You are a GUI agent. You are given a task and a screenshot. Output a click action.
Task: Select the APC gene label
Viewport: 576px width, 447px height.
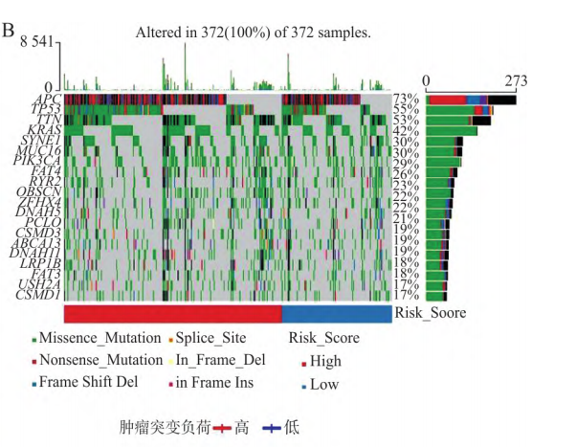coord(48,99)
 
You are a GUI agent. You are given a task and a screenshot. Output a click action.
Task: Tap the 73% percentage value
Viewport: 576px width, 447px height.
coord(407,99)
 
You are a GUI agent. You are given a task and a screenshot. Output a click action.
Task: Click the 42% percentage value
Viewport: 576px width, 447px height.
coord(407,130)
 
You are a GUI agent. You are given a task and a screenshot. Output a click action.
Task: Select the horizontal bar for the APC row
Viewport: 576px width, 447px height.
coord(471,99)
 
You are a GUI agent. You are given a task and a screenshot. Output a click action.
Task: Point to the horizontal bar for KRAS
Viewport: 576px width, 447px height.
coord(452,130)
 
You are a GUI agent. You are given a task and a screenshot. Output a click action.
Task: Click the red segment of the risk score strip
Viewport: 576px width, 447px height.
coord(173,313)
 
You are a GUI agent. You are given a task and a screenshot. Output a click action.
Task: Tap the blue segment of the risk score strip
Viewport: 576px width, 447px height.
coord(336,313)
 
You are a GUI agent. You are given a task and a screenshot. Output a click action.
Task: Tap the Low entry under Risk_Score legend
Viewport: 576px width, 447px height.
coord(321,384)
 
